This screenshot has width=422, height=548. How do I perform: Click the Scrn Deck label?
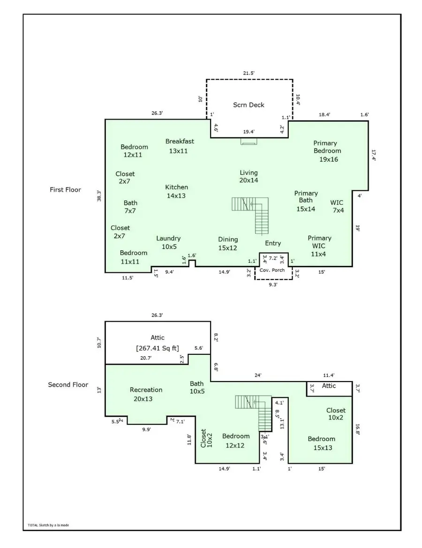[x=249, y=105]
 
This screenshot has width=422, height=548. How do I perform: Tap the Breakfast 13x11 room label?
[x=179, y=146]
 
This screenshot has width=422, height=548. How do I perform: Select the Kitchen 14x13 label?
[x=176, y=191]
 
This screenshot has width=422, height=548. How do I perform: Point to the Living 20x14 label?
[x=249, y=176]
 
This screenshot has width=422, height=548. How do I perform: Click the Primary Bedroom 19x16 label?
[x=327, y=151]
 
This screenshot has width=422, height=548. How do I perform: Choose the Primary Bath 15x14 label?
[x=306, y=201]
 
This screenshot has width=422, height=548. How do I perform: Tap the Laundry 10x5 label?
[x=168, y=242]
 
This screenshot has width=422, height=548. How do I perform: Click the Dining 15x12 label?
[x=228, y=243]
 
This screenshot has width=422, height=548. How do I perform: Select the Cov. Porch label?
[x=272, y=270]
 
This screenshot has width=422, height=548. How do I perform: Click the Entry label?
[x=273, y=243]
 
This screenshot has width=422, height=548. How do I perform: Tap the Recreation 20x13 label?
[x=146, y=394]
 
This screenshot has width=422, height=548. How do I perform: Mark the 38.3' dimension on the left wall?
[x=98, y=195]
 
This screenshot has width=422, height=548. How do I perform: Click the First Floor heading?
[x=65, y=190]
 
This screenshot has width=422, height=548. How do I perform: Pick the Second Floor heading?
[x=68, y=385]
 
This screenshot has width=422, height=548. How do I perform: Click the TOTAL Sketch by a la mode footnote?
[x=48, y=525]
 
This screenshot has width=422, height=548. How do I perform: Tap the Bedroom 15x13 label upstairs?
[x=321, y=443]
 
